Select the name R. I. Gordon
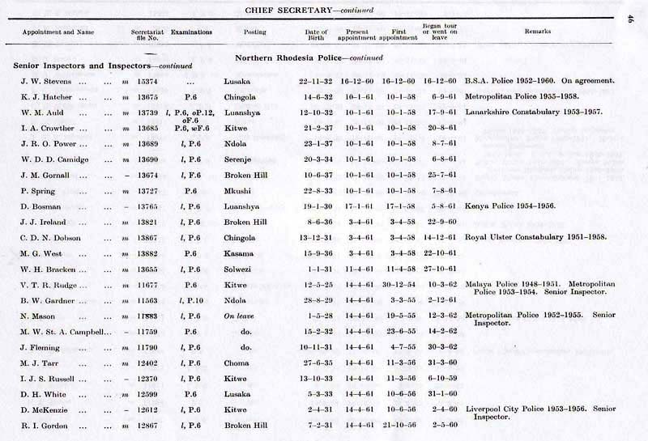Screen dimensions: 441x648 [x=45, y=425]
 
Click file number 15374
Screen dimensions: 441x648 [x=146, y=82]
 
